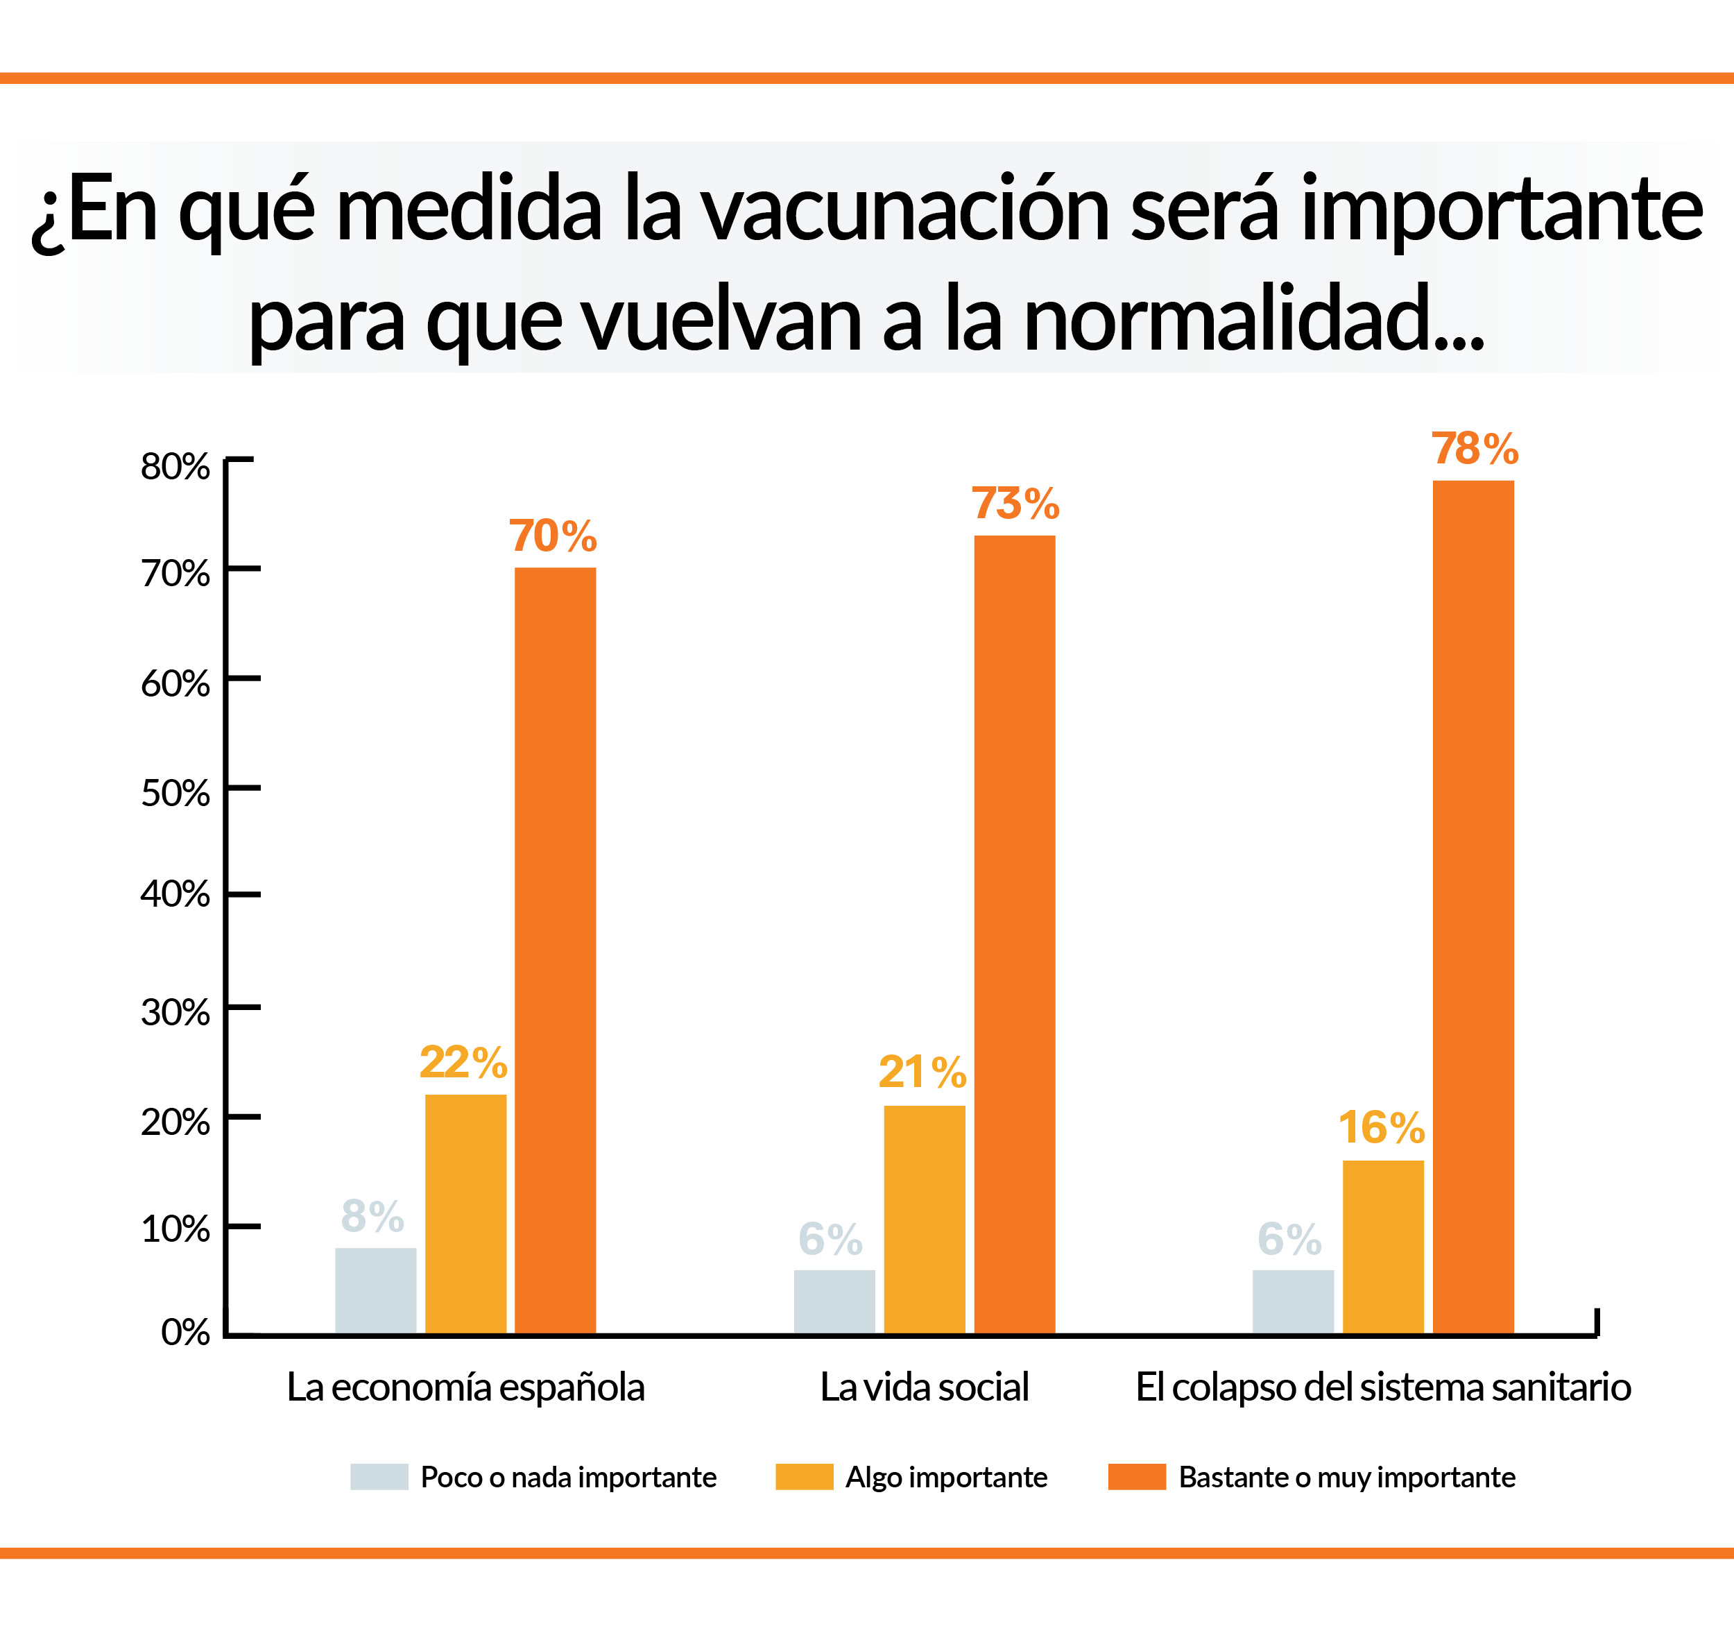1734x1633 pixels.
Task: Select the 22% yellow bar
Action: click(x=466, y=1213)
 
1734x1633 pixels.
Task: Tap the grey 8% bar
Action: click(x=375, y=1290)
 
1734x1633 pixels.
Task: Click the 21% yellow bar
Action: click(x=925, y=1219)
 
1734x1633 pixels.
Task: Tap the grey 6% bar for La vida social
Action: click(x=834, y=1301)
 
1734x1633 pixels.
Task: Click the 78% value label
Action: click(x=1474, y=450)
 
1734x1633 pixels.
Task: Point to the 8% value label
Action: click(x=372, y=1216)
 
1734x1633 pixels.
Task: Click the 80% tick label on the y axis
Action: click(x=175, y=467)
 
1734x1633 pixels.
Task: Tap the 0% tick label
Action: click(x=185, y=1332)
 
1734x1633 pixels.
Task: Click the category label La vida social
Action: click(x=925, y=1387)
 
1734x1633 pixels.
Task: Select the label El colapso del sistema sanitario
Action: click(x=1382, y=1387)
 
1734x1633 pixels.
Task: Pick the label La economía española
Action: click(x=466, y=1387)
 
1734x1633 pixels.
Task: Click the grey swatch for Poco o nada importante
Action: click(x=379, y=1477)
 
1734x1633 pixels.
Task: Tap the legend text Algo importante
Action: click(x=946, y=1477)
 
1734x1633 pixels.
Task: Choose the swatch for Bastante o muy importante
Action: click(x=1137, y=1477)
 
